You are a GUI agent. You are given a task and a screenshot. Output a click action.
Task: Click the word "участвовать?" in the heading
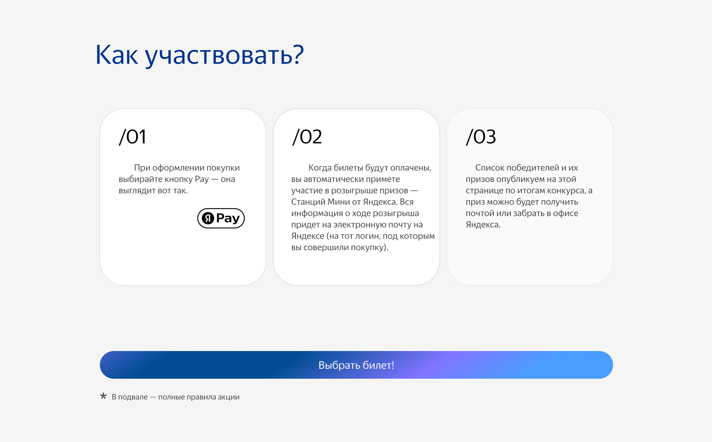[225, 56]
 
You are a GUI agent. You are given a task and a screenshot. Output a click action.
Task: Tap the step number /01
[132, 137]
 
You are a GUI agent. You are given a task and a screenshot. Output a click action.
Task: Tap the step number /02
[307, 137]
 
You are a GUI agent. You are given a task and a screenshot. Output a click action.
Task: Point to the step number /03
[481, 137]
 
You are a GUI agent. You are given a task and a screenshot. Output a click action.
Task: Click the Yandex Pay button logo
[221, 218]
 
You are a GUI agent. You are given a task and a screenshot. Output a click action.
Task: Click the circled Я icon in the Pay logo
[208, 218]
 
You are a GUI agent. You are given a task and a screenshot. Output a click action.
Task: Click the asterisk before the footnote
[103, 396]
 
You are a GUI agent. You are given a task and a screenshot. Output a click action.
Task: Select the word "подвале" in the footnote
[133, 397]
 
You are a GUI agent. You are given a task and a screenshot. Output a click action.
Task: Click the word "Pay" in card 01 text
[202, 180]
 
